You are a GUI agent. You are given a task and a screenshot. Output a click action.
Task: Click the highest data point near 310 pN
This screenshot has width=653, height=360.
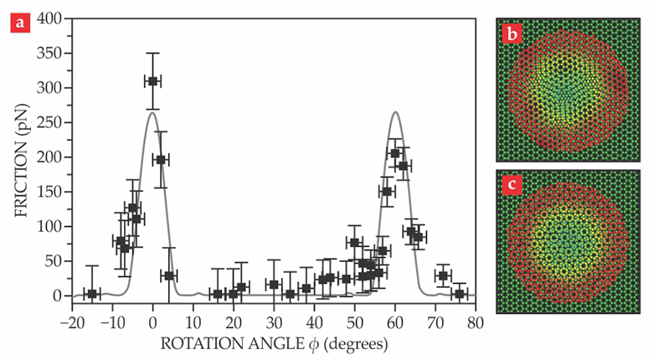[x=152, y=81]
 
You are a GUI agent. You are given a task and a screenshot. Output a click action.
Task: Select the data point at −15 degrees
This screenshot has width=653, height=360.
[x=92, y=294]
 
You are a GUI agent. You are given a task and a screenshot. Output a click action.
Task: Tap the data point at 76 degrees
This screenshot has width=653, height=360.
[x=460, y=294]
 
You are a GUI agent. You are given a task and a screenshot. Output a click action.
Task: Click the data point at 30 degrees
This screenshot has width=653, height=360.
[x=274, y=285]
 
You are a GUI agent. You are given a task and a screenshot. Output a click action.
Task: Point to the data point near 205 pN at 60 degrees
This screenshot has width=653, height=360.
[x=395, y=153]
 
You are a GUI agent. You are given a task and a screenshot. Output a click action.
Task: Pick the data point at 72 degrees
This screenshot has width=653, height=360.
[x=443, y=275]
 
